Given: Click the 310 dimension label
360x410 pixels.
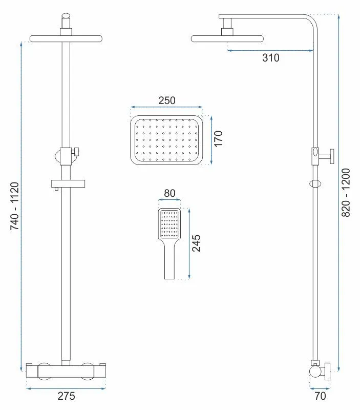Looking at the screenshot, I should (271, 58).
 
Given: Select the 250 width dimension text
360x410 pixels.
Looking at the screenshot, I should (166, 100).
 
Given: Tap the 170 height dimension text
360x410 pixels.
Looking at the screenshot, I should (219, 139).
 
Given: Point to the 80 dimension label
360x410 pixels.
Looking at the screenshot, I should (170, 194).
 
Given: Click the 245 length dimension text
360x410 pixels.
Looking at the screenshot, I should (196, 243).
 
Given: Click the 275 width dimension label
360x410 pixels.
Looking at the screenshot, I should (66, 396).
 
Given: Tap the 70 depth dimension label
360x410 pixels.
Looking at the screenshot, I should (321, 396).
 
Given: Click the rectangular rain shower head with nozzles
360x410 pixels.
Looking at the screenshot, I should (167, 140).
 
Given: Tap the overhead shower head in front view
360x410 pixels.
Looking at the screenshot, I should (66, 38).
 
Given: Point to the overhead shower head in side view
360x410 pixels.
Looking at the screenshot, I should (228, 38).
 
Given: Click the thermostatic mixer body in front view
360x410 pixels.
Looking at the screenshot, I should (66, 370).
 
